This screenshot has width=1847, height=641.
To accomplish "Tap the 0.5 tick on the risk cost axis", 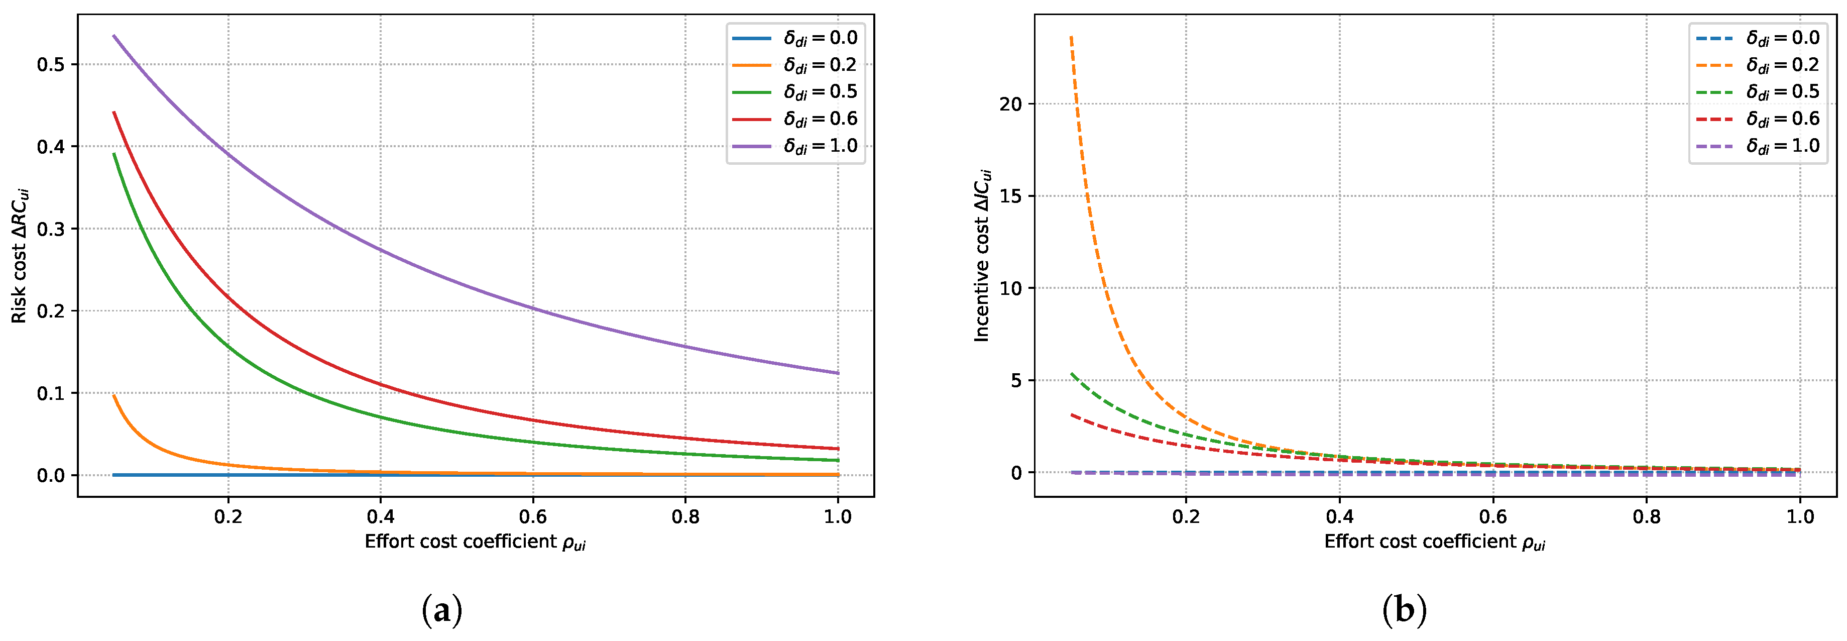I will click(51, 64).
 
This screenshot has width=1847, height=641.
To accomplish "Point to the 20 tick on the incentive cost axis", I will click(1010, 104).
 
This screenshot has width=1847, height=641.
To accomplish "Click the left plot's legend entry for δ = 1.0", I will click(796, 146).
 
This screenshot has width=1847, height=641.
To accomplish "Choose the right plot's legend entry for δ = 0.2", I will click(1758, 65).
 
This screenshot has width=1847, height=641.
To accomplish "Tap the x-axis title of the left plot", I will click(475, 542).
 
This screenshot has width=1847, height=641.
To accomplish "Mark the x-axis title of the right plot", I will click(1434, 542).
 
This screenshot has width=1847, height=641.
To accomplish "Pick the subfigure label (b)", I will click(1404, 611).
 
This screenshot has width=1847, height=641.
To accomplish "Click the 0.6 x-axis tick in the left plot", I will click(533, 517).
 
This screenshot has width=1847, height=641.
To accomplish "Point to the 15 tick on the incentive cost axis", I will click(1010, 196).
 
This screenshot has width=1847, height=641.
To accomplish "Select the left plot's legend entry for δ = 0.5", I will click(796, 92).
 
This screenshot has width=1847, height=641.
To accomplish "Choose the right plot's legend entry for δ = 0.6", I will click(1758, 119).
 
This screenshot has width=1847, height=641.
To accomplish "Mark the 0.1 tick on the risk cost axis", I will click(51, 393).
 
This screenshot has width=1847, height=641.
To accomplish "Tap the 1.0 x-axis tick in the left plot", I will click(838, 517).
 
